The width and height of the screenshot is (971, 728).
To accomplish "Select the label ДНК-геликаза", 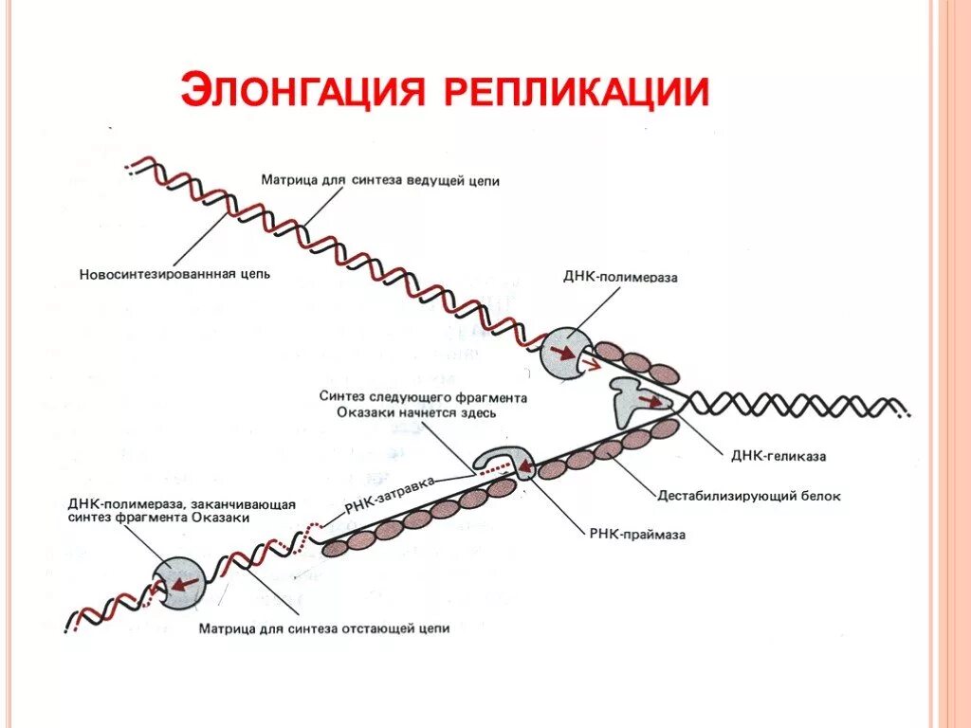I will coord(778,456).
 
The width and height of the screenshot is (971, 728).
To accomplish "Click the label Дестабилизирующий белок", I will coord(749,496).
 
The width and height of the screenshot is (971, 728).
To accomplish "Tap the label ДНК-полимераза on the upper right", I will coord(621,278).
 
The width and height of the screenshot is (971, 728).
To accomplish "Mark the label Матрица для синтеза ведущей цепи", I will coord(379,179).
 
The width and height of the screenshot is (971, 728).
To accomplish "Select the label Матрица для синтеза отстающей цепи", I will coord(323,628).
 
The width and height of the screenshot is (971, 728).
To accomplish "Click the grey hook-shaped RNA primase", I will coord(503,460).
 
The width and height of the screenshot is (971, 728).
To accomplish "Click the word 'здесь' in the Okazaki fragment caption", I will coord(478,412).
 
